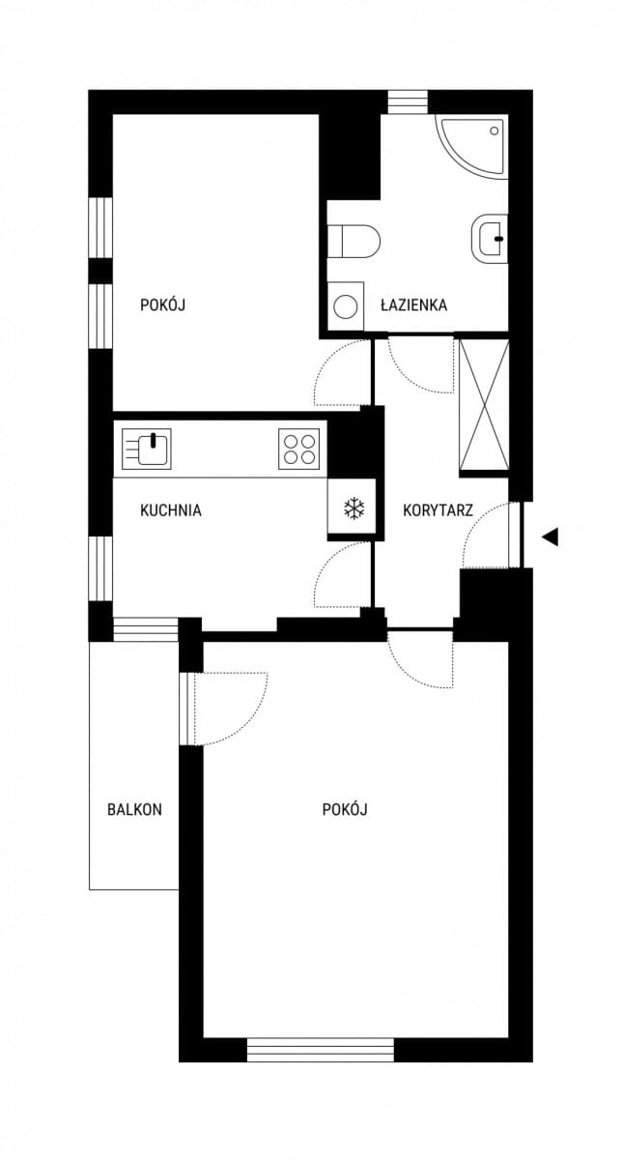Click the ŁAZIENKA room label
coord(414,304)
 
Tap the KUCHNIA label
coord(171,510)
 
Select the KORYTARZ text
coord(438,510)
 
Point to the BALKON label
coord(134,809)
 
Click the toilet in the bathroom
coord(353,241)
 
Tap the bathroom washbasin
coord(490,239)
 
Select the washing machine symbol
coord(346,306)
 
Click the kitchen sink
coord(147,449)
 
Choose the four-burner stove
coord(299,449)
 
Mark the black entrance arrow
coord(551,536)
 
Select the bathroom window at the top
coord(409,102)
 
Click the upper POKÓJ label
coord(162,304)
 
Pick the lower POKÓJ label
coord(345,809)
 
